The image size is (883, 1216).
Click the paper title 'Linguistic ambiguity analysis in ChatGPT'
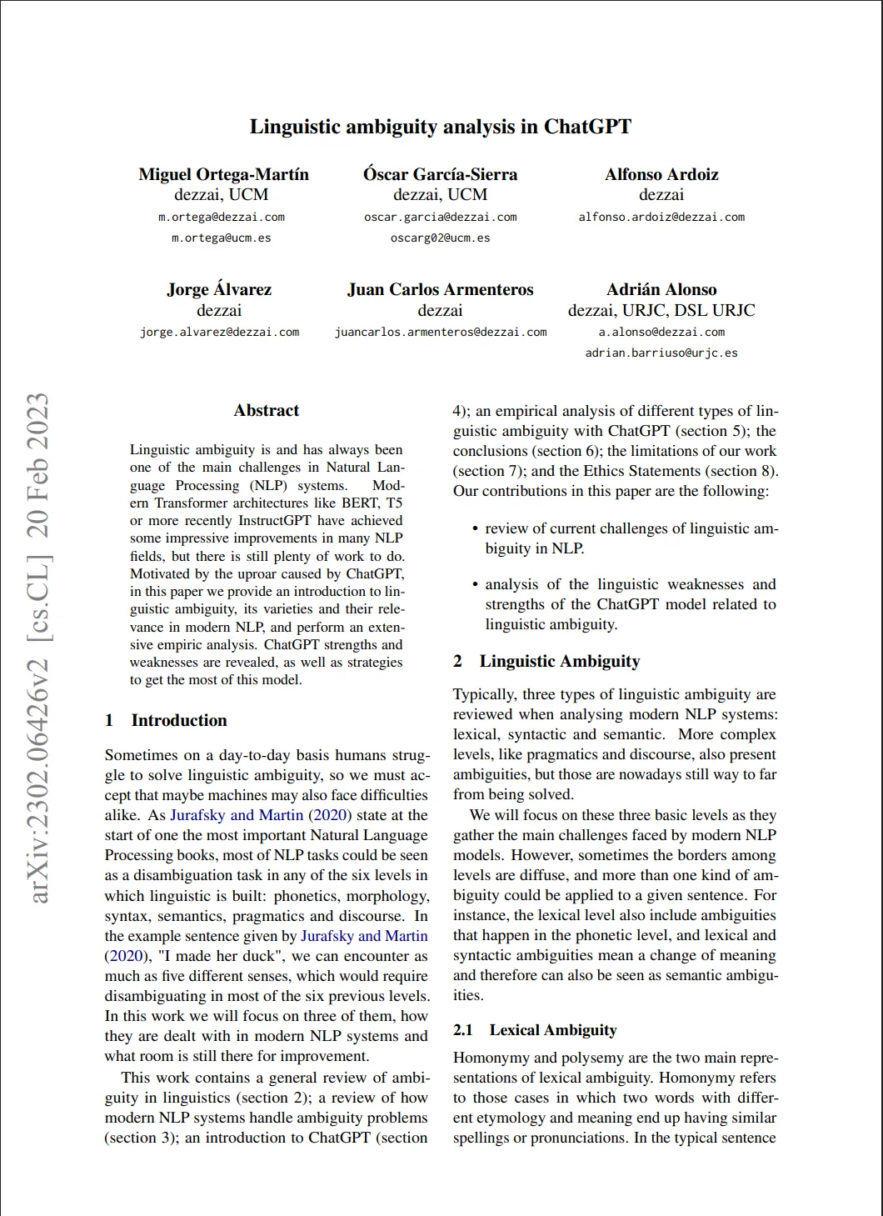pos(440,127)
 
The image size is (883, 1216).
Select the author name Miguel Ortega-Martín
pos(223,174)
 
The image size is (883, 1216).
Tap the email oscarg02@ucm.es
pos(440,238)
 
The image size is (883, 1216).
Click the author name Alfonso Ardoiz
pos(661,174)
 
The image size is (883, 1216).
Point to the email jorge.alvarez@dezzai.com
pos(219,332)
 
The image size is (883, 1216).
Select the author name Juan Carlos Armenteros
pos(440,289)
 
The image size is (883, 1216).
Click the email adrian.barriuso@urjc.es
pos(661,353)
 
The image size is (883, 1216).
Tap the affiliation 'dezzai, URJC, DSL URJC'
pos(661,310)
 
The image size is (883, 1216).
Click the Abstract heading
pos(267,410)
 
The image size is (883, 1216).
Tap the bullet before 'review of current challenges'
pos(475,529)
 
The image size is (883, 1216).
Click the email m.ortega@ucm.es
pos(222,238)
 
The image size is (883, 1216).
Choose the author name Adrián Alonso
pos(661,289)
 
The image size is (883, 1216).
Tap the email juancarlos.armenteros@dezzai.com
pos(441,332)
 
